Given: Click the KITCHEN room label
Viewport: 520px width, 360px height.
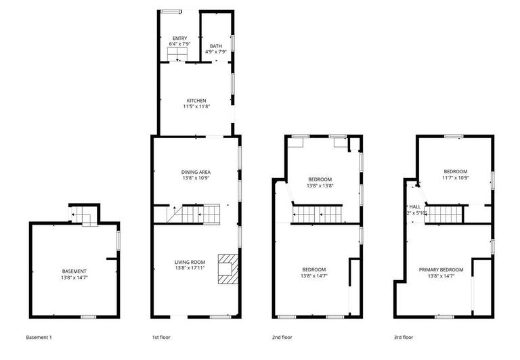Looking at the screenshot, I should tap(196, 101).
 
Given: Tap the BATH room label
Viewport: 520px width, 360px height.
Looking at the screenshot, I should tap(215, 46).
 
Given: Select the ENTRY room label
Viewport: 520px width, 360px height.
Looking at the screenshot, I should tap(179, 38).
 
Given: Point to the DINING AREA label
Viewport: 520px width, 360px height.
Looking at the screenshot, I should tap(196, 172).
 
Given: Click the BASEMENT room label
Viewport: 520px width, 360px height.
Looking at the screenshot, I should tap(74, 271).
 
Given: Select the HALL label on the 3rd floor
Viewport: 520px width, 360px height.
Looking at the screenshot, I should tap(414, 206).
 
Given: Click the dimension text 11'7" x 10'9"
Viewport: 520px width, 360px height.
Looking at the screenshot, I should tap(455, 178).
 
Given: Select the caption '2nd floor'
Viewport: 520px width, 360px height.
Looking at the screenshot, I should tap(282, 337).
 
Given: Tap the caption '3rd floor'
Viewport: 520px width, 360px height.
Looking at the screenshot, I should tap(403, 337).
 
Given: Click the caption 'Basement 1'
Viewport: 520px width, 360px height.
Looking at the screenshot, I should tap(39, 337).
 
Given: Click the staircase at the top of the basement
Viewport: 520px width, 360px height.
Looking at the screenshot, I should tap(84, 216).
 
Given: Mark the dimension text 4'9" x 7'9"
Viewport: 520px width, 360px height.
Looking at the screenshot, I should tap(215, 51).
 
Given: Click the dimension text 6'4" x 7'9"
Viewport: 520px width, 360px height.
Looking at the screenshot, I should tap(179, 43).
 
